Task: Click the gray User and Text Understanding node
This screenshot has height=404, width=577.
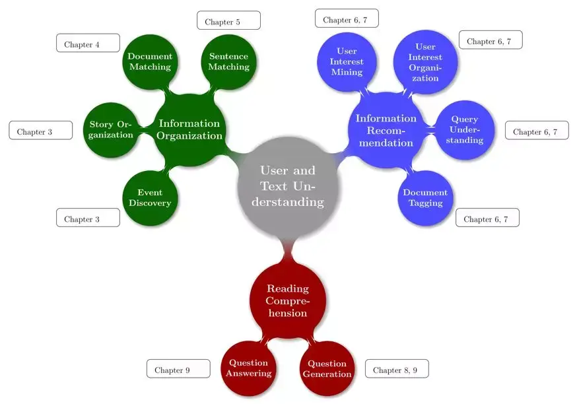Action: (288, 186)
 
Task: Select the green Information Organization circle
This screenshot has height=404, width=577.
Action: (190, 129)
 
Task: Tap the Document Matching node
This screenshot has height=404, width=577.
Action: (150, 62)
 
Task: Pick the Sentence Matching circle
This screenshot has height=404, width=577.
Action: (228, 62)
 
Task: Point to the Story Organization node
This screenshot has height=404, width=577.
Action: (111, 130)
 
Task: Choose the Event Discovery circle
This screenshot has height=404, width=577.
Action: (150, 198)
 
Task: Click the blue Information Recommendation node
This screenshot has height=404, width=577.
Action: (386, 130)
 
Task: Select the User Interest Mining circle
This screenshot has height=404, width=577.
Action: (347, 62)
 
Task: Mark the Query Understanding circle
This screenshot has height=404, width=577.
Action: (465, 130)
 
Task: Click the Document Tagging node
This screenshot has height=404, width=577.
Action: (425, 198)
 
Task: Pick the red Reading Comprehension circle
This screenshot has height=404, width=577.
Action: (288, 300)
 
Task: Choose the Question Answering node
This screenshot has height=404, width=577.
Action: (249, 368)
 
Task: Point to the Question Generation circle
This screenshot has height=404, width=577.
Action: (327, 368)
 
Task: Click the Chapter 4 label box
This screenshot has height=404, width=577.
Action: (88, 44)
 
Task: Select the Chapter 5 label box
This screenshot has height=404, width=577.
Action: (228, 20)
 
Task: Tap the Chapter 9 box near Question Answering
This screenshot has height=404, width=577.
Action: (178, 369)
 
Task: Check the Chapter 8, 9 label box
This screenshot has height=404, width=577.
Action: (397, 369)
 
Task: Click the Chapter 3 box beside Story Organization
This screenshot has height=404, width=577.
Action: (40, 131)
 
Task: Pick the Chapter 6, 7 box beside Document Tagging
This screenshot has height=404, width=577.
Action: (487, 218)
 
